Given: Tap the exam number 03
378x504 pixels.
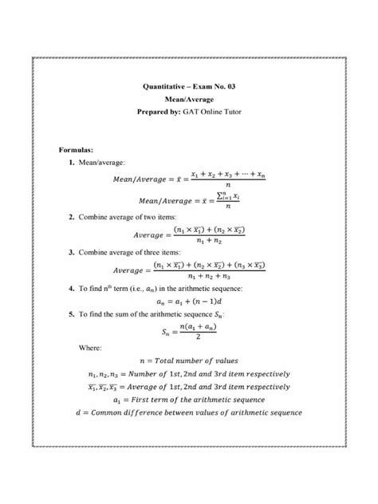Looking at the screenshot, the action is pos(234,85).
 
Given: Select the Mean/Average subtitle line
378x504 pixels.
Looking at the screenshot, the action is pos(189,98).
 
